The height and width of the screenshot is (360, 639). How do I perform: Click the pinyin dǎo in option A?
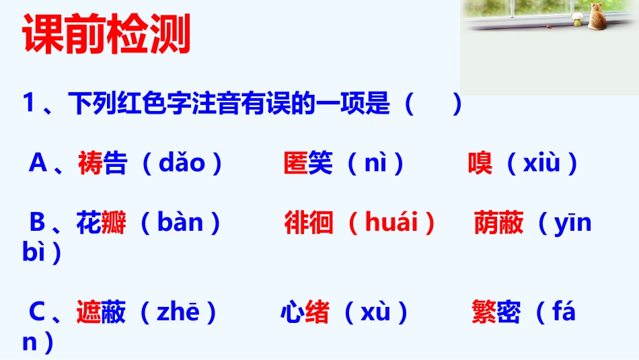[x=181, y=164]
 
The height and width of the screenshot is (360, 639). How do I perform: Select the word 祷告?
[x=102, y=164]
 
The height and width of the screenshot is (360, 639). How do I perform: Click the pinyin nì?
[x=375, y=164]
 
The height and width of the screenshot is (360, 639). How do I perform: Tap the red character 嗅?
[x=480, y=164]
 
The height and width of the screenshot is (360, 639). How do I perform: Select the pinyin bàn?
[x=180, y=223]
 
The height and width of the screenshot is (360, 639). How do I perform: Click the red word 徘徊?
[x=309, y=223]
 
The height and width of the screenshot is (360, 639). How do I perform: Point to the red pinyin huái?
[x=391, y=223]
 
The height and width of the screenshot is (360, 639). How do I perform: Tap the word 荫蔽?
[x=498, y=223]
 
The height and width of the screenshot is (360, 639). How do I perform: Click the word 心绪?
[x=305, y=313]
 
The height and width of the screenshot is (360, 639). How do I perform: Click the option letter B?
[x=38, y=223]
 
